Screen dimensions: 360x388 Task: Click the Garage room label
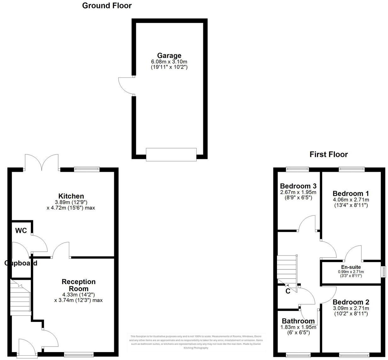(169, 56)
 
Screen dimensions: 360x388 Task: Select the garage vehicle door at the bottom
(171, 155)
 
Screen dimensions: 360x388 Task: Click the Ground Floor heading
(107, 6)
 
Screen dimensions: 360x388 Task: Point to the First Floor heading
(329, 155)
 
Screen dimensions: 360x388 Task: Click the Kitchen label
(71, 196)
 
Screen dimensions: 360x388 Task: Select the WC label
(21, 231)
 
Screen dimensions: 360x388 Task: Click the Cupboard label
(21, 263)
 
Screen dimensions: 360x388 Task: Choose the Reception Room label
(78, 285)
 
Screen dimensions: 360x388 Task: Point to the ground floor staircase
(20, 297)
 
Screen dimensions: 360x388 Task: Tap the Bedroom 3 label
(298, 186)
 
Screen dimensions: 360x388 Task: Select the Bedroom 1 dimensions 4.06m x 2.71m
(351, 200)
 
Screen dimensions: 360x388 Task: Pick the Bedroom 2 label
(351, 302)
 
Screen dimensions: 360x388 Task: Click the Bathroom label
(298, 321)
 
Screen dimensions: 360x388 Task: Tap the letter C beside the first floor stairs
(288, 291)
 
